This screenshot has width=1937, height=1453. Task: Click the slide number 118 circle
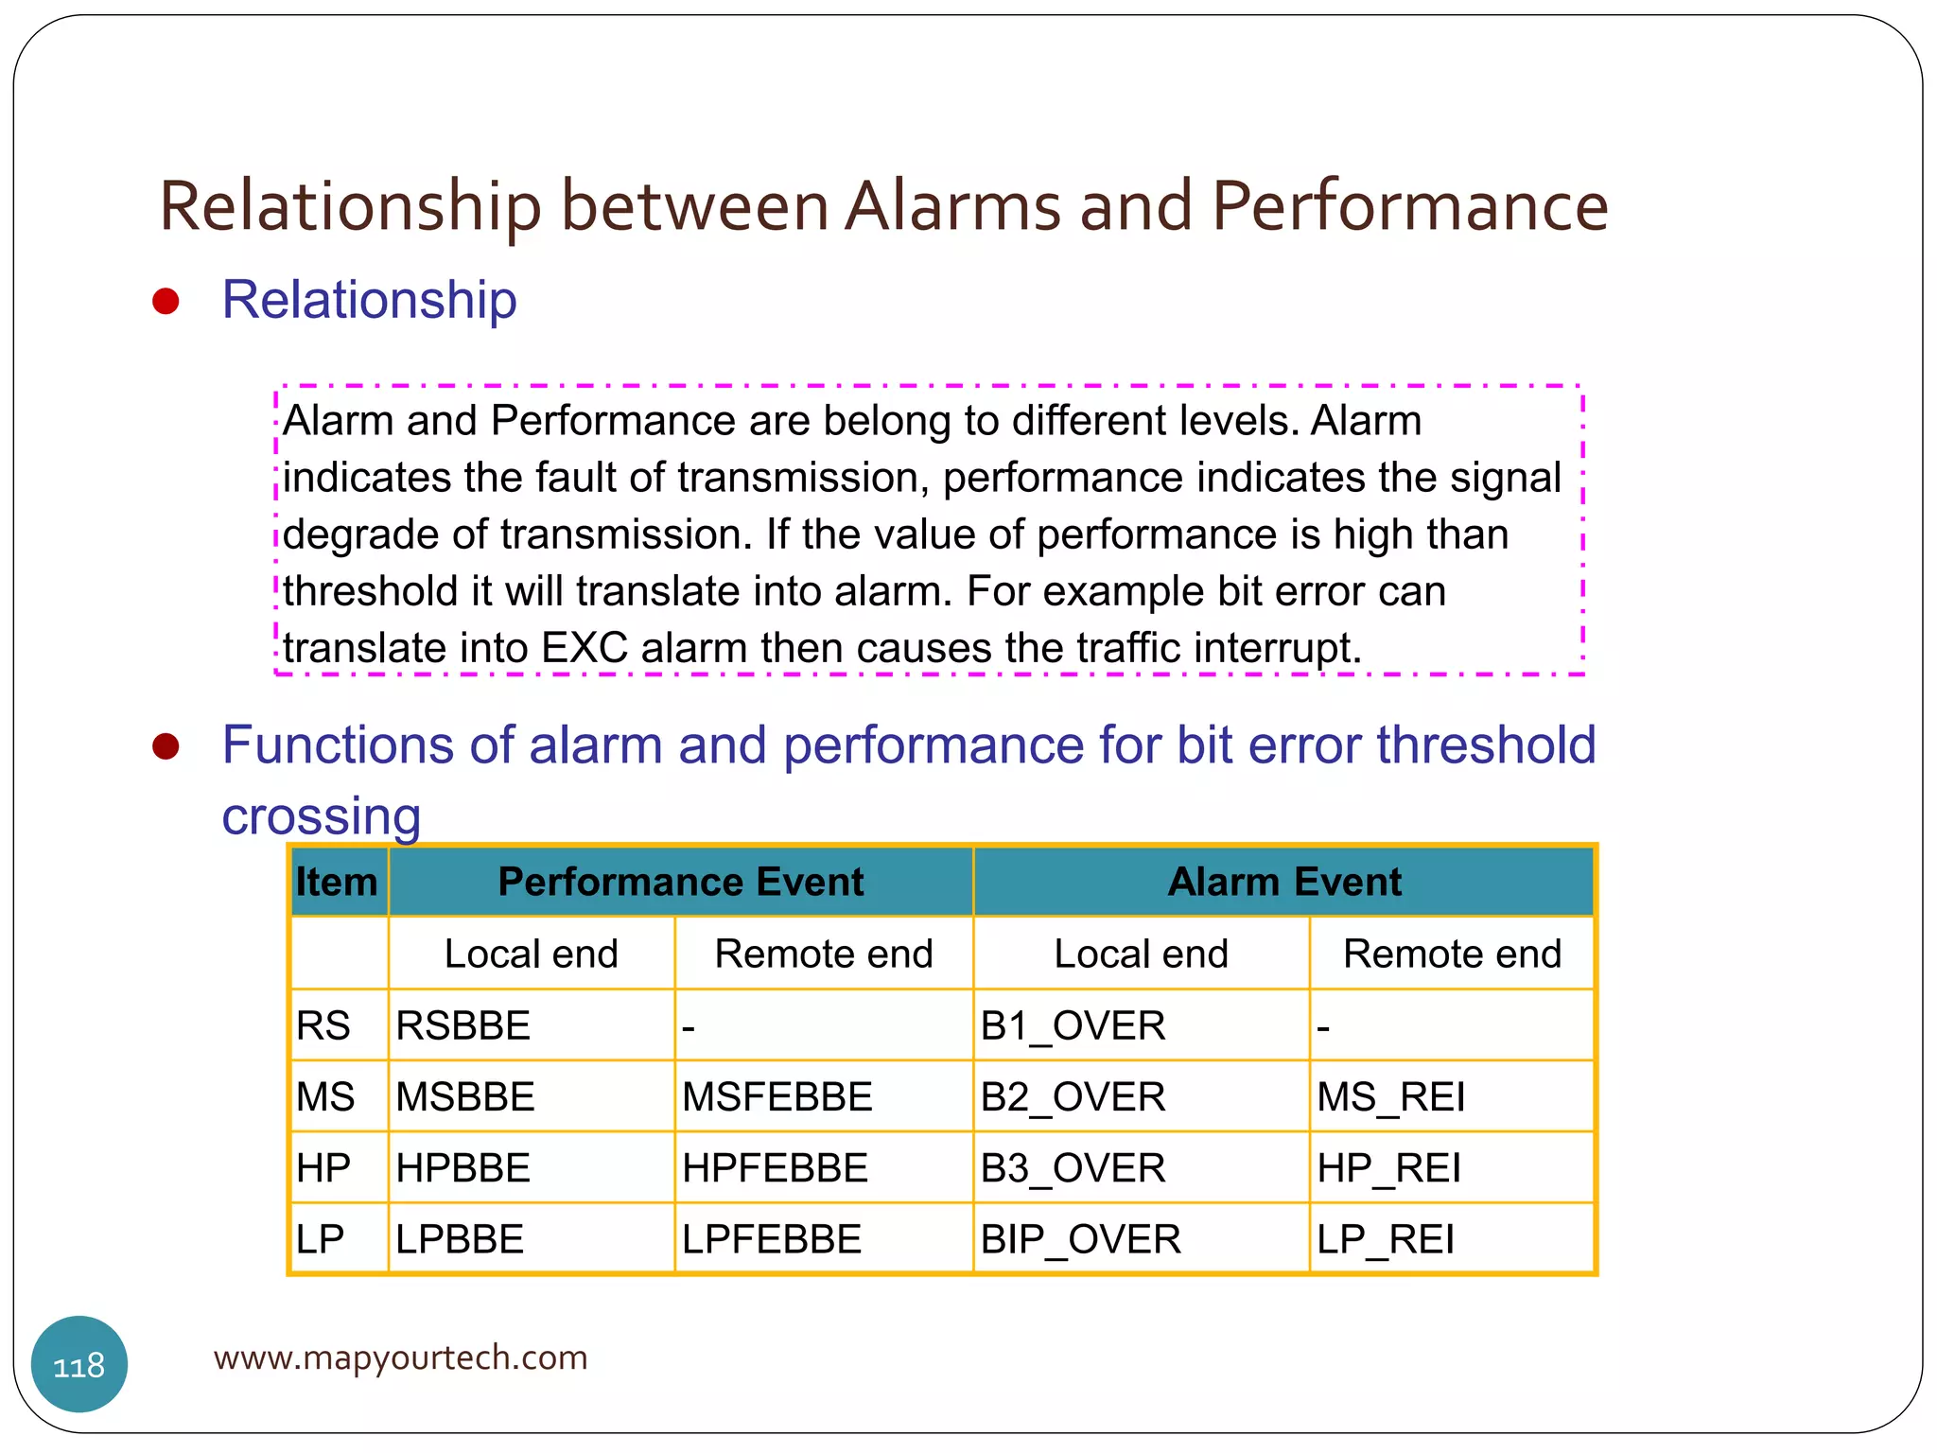(x=79, y=1364)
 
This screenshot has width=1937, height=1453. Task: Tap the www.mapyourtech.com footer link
(x=400, y=1357)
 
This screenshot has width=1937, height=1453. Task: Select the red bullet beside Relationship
(x=166, y=302)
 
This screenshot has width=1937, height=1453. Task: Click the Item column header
(x=337, y=882)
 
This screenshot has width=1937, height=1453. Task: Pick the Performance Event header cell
(x=680, y=882)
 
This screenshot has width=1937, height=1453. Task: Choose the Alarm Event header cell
(x=1283, y=882)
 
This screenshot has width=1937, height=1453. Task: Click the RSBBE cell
(x=463, y=1025)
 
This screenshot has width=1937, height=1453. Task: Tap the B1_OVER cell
(x=1073, y=1025)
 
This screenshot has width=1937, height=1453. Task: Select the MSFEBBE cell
(x=777, y=1096)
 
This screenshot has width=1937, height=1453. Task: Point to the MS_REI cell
(x=1390, y=1096)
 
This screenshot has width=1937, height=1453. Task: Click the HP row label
(x=323, y=1167)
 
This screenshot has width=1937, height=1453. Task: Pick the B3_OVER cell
(x=1073, y=1167)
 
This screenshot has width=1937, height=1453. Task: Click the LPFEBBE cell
(x=772, y=1238)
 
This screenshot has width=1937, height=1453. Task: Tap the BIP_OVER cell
(x=1080, y=1238)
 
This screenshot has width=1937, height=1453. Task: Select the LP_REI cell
(x=1385, y=1238)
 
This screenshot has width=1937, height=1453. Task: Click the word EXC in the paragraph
(x=585, y=648)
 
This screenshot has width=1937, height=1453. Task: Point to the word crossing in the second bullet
(x=322, y=815)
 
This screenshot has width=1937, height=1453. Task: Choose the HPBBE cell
(x=463, y=1167)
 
